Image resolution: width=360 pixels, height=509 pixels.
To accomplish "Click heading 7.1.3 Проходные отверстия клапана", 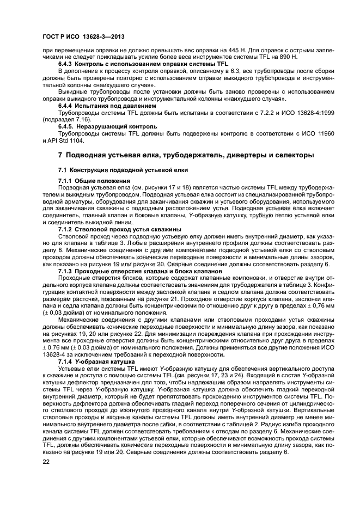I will coord(140,271).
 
